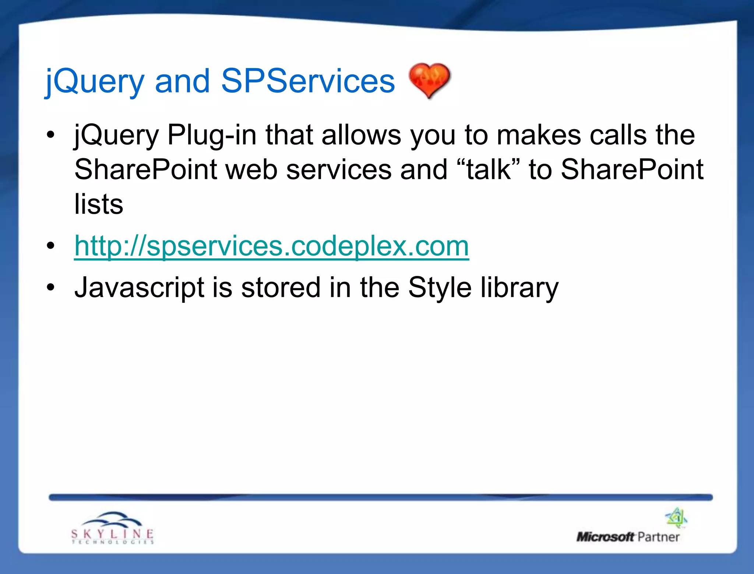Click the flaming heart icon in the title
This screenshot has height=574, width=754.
429,80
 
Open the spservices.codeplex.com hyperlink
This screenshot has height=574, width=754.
271,246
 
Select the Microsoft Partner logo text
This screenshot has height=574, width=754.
628,537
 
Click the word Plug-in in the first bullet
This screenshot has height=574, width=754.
212,135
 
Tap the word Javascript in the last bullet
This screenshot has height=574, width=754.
139,288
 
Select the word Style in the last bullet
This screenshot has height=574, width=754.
440,288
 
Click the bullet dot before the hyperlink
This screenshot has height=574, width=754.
51,246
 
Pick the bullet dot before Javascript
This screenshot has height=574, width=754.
51,287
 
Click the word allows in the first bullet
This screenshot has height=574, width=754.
361,135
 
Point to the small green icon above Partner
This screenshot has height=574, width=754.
676,517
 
